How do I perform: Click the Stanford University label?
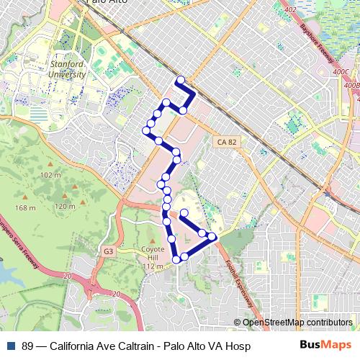coord(67,68)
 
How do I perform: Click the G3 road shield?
coord(108,251)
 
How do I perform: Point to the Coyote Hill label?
coord(149,256)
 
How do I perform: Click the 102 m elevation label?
coord(50,176)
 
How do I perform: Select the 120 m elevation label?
coord(64,207)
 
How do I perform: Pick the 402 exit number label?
coord(290,9)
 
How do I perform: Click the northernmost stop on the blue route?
coord(180,80)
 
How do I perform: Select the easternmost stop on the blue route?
coord(212,235)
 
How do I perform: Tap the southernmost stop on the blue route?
coord(176,259)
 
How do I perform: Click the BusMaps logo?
coord(325,346)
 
